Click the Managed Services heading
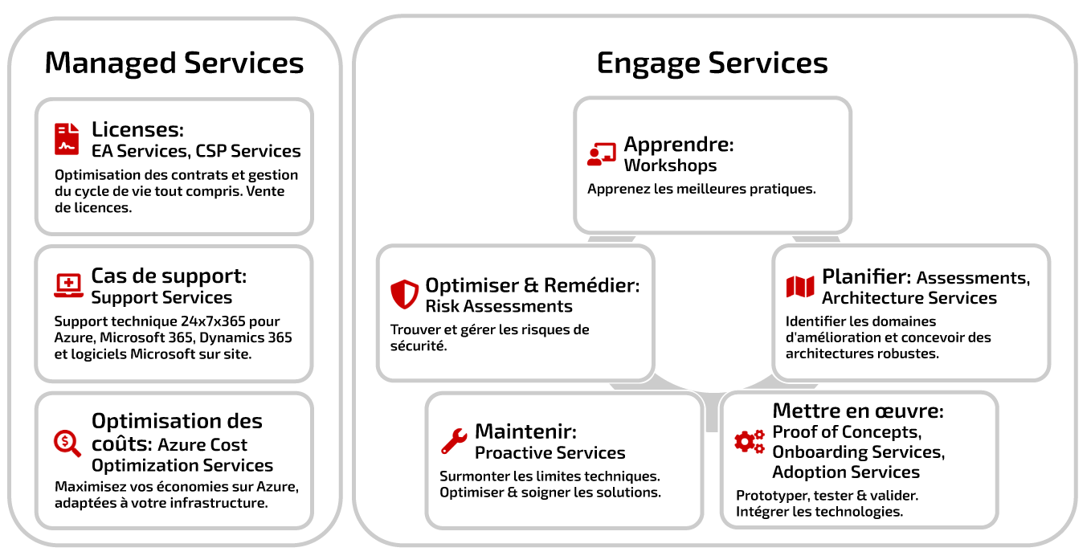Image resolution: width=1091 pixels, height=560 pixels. (174, 63)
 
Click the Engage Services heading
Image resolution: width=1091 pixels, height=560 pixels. (712, 63)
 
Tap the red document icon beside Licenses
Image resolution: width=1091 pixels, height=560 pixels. (67, 139)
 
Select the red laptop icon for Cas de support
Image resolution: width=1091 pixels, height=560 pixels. (68, 286)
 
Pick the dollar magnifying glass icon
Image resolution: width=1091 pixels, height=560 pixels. (67, 444)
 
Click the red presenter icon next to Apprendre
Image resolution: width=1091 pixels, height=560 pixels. (602, 154)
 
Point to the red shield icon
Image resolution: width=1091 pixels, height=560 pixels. (404, 294)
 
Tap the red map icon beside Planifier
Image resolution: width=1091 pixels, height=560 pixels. (799, 286)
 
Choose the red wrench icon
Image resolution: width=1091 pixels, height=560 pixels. (454, 441)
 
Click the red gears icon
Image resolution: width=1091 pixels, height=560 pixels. (750, 441)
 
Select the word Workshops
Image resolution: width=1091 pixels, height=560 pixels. (670, 166)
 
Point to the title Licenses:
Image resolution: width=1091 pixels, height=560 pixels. (138, 129)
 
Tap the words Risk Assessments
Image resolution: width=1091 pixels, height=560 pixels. (499, 306)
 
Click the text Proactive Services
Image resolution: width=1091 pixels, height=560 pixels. (550, 453)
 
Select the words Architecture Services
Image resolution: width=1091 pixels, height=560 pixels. (909, 298)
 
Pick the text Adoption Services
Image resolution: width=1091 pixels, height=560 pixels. (846, 472)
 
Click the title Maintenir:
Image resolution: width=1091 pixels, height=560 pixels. (526, 431)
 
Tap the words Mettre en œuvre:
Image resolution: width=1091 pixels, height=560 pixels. (858, 411)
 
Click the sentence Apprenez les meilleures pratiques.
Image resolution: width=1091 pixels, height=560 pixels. (701, 189)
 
